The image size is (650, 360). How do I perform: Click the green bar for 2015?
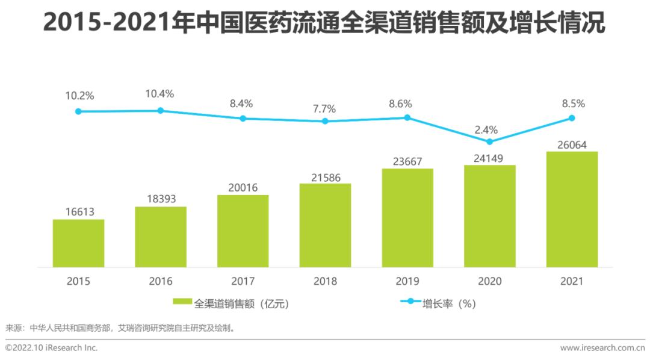78,243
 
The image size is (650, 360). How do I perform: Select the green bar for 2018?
325,225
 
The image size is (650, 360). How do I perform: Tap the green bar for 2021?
572,209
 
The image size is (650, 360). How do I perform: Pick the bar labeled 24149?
489,216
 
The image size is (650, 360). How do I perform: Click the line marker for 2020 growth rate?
489,141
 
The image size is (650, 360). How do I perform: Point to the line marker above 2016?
161,110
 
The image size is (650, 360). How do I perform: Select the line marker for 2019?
407,117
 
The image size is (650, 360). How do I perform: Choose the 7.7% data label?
324,109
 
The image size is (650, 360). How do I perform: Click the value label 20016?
243,188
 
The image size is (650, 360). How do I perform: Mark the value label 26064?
572,144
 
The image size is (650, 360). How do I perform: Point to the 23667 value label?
407,161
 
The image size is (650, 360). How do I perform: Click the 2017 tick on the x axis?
243,281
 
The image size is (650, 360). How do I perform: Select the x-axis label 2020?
489,281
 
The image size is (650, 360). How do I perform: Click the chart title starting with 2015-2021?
324,24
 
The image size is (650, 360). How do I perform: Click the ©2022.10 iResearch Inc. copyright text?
52,348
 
